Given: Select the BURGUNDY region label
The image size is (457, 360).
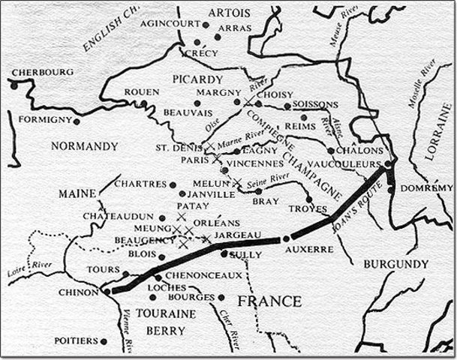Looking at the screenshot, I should pyautogui.click(x=394, y=264).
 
